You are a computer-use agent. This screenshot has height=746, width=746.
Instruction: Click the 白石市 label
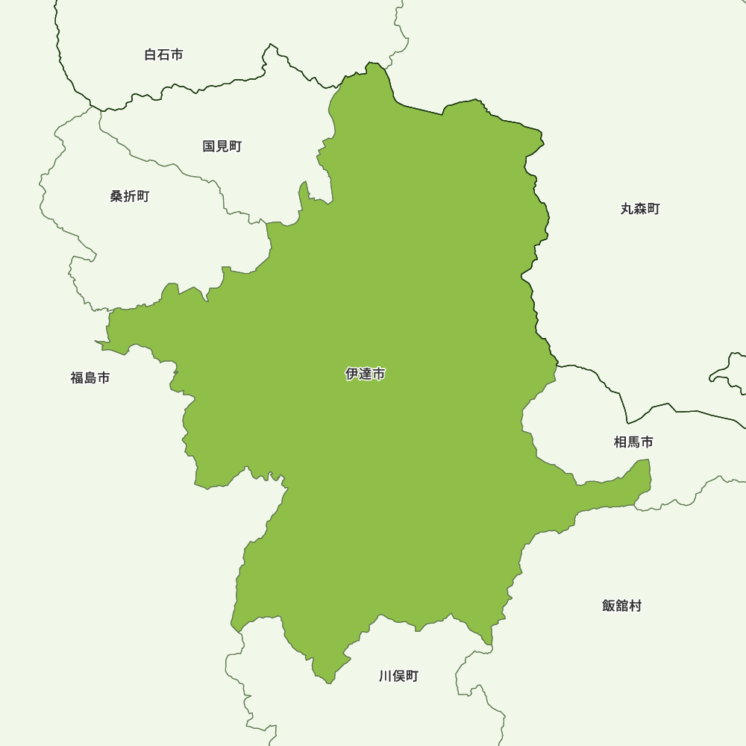[x=163, y=54]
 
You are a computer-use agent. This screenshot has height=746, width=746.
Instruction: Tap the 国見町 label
[x=222, y=146]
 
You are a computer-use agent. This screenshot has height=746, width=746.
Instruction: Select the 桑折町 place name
[x=130, y=196]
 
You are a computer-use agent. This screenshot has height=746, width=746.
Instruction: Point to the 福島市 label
[x=90, y=377]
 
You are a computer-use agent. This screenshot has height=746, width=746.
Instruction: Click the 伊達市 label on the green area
[x=366, y=374]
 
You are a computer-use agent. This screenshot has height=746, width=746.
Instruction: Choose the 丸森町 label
[x=640, y=209]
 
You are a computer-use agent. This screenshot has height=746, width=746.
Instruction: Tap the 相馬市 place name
[x=633, y=442]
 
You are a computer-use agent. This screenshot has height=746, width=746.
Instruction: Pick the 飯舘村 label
[x=621, y=606]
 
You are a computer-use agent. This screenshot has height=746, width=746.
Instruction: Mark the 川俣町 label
[x=398, y=676]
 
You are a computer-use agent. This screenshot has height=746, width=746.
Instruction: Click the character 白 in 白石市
[x=150, y=54]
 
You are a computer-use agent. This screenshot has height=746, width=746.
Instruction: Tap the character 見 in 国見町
[x=222, y=146]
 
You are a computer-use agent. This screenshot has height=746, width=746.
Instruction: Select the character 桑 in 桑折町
[x=116, y=196]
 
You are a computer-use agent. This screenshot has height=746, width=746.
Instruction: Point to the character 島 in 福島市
[x=90, y=377]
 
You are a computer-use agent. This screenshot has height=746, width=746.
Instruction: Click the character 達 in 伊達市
[x=366, y=374]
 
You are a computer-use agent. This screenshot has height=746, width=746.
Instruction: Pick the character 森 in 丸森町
[x=640, y=209]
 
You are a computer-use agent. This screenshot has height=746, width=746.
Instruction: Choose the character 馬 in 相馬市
[x=633, y=442]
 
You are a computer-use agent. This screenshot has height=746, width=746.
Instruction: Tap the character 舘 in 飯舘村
[x=621, y=606]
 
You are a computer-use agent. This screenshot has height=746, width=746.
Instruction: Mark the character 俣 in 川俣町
[x=398, y=676]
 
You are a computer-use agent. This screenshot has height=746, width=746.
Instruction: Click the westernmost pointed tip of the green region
[x=95, y=342]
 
